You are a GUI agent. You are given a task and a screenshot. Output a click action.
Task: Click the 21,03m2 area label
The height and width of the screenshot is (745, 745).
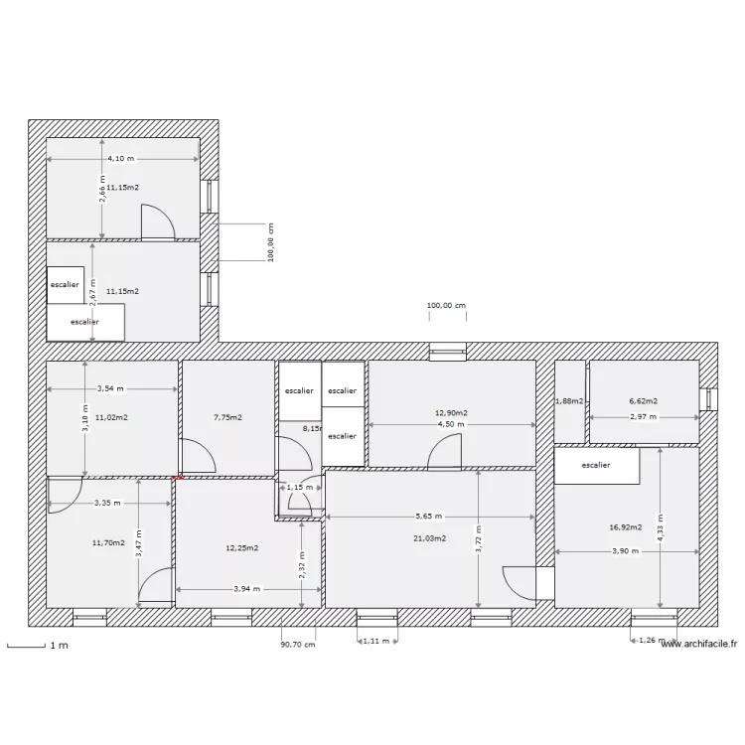[x=431, y=538]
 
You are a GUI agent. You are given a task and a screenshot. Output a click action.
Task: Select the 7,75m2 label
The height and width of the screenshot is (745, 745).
[x=227, y=418]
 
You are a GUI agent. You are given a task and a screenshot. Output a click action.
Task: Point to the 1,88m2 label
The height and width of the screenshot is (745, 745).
[x=569, y=401]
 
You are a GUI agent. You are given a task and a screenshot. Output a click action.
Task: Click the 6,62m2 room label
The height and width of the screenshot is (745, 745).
[x=643, y=401]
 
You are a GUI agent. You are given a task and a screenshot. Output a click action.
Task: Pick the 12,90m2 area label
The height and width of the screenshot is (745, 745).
[x=451, y=412]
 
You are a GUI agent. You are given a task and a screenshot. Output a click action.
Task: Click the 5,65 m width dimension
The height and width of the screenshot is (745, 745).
[x=429, y=517]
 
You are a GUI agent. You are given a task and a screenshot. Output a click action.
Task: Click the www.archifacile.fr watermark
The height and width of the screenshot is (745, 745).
[x=699, y=644]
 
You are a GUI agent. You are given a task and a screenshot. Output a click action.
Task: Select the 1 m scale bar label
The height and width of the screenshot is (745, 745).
[x=59, y=647]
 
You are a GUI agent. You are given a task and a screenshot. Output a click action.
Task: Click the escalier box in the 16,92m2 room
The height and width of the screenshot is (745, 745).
[x=596, y=465]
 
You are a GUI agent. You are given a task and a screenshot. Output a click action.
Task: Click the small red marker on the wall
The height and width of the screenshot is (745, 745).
[x=176, y=478]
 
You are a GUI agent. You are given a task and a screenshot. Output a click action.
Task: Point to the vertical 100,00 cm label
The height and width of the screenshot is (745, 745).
[x=271, y=242]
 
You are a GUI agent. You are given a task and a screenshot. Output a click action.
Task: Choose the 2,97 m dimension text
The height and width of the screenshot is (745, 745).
[x=643, y=417]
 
